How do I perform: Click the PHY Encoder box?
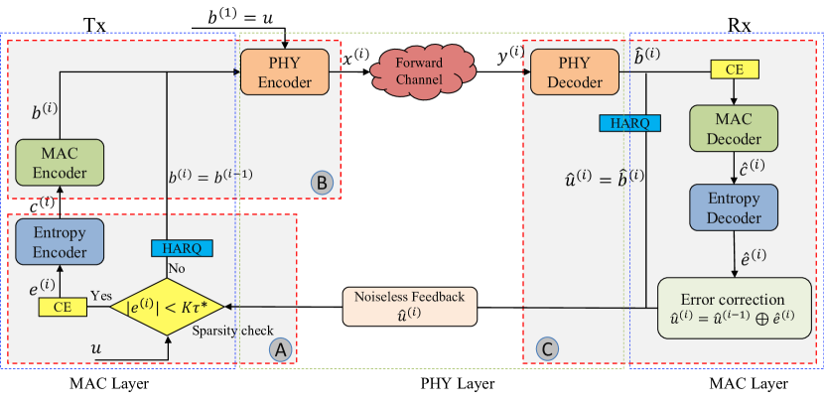click(x=285, y=72)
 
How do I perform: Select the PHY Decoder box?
click(x=575, y=72)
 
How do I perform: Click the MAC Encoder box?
click(x=60, y=163)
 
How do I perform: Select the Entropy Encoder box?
click(x=60, y=242)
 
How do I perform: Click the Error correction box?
click(x=735, y=309)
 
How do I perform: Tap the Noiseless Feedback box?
click(x=409, y=307)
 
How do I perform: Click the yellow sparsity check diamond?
click(x=167, y=307)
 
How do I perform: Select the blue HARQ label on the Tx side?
click(x=182, y=248)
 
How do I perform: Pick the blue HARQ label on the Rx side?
click(x=629, y=123)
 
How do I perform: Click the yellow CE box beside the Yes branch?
click(x=63, y=307)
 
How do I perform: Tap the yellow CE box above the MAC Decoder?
click(x=735, y=69)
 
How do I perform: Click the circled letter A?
click(x=280, y=348)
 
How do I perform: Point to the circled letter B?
click(x=322, y=183)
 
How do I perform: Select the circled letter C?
click(x=547, y=348)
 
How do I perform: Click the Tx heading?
click(x=94, y=24)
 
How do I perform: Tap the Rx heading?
click(x=739, y=24)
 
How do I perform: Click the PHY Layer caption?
click(x=458, y=383)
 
